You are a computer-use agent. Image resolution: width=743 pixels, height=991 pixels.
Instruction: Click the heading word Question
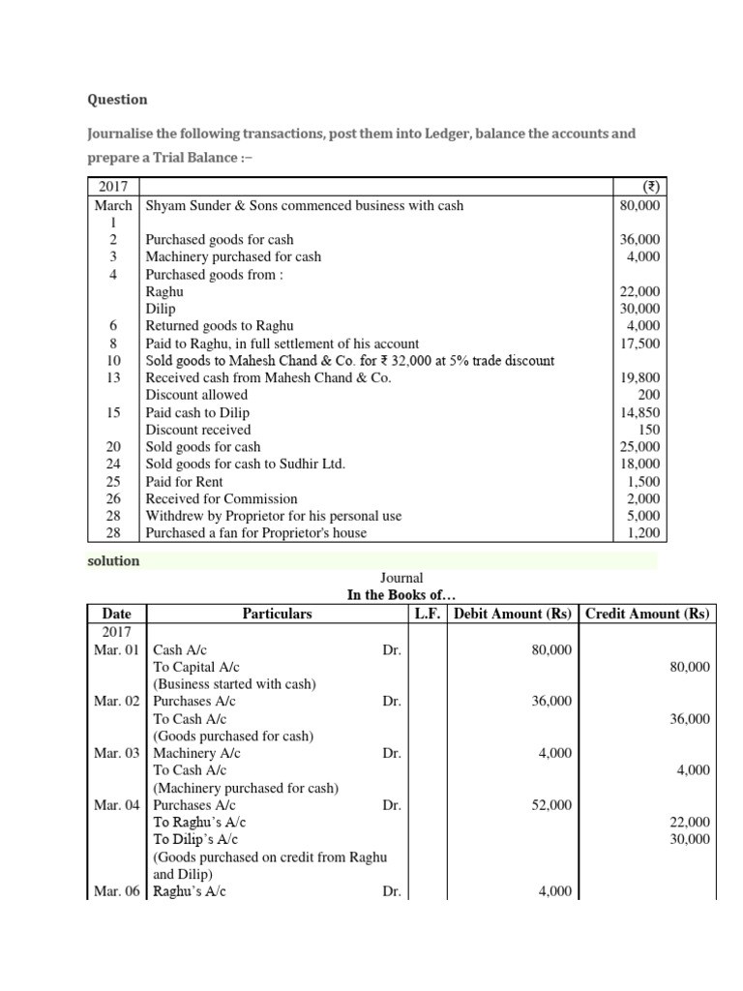pos(117,100)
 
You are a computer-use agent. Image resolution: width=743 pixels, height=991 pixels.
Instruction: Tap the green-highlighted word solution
pos(114,561)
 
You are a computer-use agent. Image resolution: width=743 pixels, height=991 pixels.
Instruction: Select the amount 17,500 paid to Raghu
pos(640,344)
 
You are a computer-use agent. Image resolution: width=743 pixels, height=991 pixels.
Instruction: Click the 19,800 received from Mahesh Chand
pos(640,378)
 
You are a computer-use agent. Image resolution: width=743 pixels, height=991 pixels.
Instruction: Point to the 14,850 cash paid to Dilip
pos(640,412)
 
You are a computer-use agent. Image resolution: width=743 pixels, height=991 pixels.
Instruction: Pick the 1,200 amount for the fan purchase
pos(643,533)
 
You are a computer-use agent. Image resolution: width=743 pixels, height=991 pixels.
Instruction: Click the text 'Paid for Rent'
pos(184,482)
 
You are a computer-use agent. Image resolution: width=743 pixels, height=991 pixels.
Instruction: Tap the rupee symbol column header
pos(642,188)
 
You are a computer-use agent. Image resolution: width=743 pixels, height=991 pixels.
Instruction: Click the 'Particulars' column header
pos(277,614)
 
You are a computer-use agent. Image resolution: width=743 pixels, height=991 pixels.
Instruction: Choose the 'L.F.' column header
pos(429,614)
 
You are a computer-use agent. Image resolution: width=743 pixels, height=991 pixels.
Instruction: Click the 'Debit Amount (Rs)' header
pos(515,614)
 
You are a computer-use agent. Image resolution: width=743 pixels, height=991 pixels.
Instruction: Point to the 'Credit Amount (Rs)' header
pos(647,614)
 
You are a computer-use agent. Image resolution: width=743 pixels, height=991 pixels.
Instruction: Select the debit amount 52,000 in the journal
pos(551,805)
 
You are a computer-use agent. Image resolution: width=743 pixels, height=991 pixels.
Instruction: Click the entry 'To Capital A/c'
pos(196,667)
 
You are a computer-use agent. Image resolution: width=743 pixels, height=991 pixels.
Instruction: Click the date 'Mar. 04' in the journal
pos(117,805)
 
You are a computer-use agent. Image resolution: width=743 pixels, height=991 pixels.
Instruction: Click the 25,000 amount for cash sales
pos(640,447)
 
